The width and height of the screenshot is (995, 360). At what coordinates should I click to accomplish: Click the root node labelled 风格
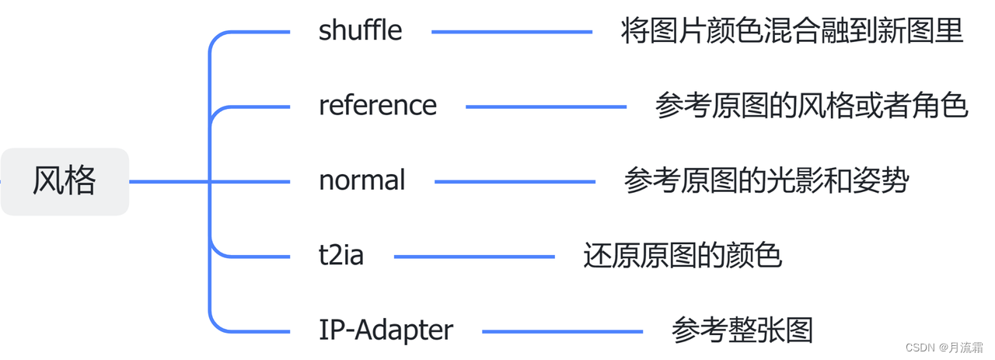point(65,181)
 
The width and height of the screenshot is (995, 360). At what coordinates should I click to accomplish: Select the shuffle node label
point(361,31)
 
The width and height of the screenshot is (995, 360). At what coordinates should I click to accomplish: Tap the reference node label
point(378,106)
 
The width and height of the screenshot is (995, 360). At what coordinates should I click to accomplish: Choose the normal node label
point(362,180)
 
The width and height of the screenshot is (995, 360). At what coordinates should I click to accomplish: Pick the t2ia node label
point(341,255)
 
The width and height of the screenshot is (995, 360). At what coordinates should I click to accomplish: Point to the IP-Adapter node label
point(386,330)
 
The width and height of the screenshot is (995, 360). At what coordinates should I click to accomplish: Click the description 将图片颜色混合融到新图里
point(792,31)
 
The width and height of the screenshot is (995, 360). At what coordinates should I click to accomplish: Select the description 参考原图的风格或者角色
point(811,106)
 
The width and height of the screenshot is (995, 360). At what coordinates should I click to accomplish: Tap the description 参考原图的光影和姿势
point(766,180)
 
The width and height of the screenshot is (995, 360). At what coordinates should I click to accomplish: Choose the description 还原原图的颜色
point(682,255)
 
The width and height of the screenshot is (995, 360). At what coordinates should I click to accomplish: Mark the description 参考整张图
point(742,330)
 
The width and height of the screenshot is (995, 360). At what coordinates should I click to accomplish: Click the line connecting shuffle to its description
point(511,32)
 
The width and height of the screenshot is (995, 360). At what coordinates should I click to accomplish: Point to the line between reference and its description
point(546,107)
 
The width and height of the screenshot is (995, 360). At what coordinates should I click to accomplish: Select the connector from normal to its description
point(515,182)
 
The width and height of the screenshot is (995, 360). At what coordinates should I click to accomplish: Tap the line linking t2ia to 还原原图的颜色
point(474,257)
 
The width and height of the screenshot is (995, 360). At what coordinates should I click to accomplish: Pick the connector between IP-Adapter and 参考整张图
point(562,332)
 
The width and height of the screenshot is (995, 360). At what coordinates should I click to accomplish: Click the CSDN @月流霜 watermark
point(944,348)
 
